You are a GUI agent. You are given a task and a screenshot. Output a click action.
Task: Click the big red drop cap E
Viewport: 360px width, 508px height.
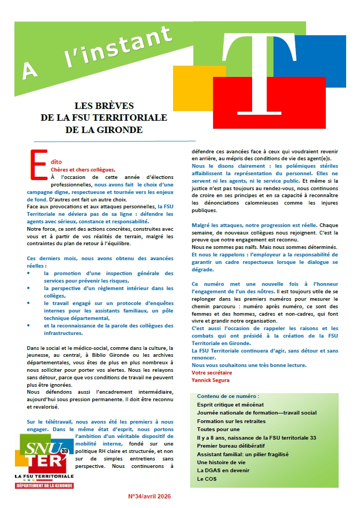click(x=36, y=163)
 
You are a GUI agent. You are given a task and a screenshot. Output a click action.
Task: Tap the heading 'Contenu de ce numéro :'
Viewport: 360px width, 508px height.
click(x=228, y=397)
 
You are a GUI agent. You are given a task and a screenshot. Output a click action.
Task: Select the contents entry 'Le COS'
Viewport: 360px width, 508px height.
click(x=206, y=479)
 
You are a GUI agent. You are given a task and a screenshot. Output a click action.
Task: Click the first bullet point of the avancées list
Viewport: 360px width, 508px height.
click(x=29, y=273)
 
